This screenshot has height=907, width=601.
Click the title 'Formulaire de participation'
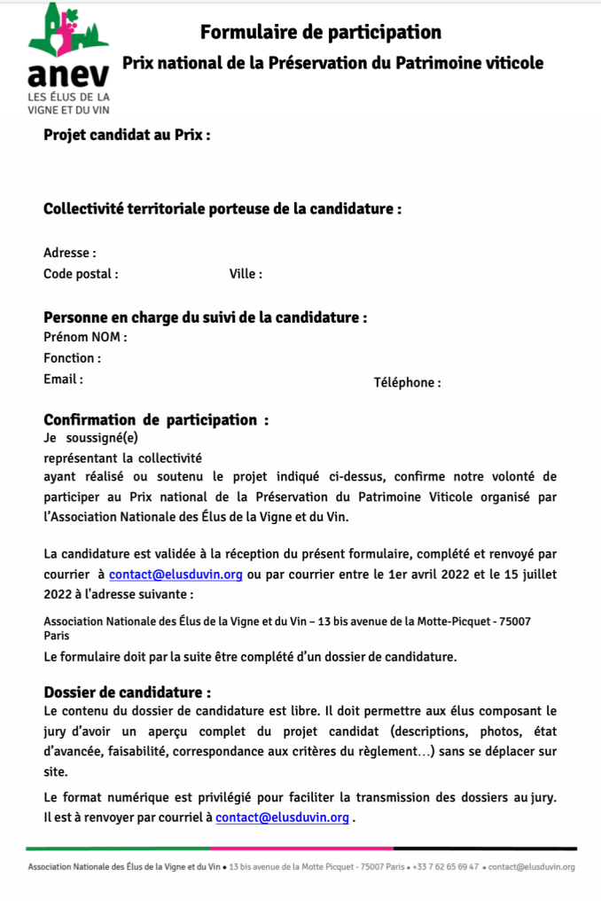pos(320,33)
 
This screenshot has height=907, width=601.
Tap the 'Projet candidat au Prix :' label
pos(126,136)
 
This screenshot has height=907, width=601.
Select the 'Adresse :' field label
pos(70,253)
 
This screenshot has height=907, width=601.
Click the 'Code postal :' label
pos(81,274)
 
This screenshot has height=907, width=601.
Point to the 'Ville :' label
pos(246,274)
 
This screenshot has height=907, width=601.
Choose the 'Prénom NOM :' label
pos(85,337)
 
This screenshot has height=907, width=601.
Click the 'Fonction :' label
pos(72,358)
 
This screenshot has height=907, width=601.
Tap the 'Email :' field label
pos(63,379)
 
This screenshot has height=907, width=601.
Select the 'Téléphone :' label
pos(407,383)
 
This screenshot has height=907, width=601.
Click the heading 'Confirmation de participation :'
pos(156,419)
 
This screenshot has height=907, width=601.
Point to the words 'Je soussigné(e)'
pos(90,437)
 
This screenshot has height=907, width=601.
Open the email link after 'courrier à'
pos(176,574)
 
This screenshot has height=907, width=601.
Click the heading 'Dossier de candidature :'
pos(128,692)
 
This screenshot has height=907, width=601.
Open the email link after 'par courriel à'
pos(282,817)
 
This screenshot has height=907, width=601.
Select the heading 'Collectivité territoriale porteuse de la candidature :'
pos(222,209)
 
